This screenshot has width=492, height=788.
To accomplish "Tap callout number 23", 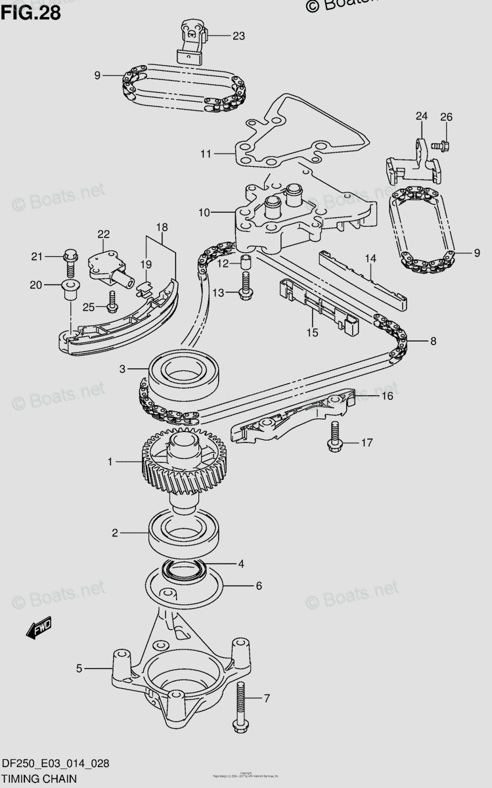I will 238,36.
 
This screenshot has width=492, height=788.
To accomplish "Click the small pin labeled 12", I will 246,263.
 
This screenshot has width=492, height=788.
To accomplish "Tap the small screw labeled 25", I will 112,303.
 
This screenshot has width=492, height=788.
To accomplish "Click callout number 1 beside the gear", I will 111,462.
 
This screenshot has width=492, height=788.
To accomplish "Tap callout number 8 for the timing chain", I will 433,341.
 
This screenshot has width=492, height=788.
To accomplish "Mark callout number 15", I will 312,332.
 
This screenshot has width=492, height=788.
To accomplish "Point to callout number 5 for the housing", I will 79,668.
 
